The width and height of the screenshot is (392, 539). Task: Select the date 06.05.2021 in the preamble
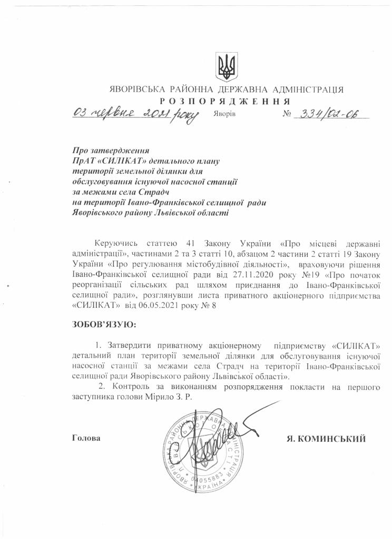(x=154, y=304)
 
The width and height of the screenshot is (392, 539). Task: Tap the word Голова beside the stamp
(x=86, y=438)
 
